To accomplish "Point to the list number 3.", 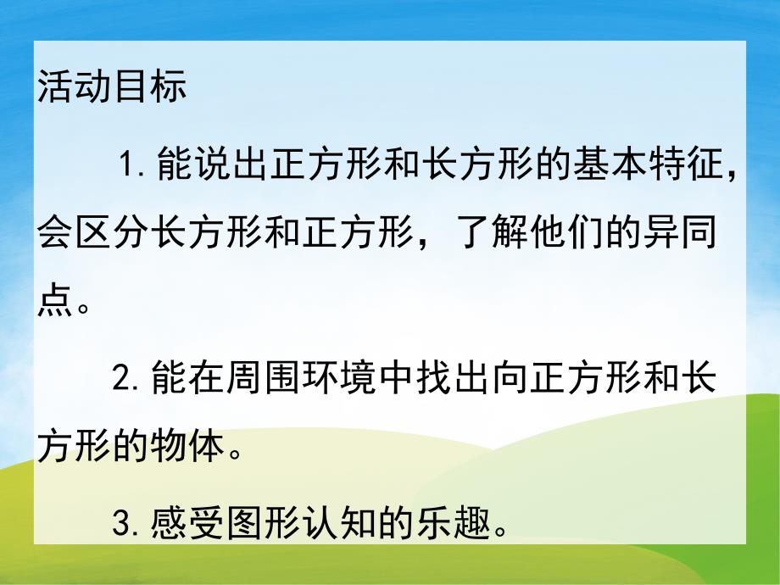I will point(126,526).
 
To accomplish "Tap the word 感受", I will point(188,526).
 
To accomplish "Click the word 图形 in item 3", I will point(265,526).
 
